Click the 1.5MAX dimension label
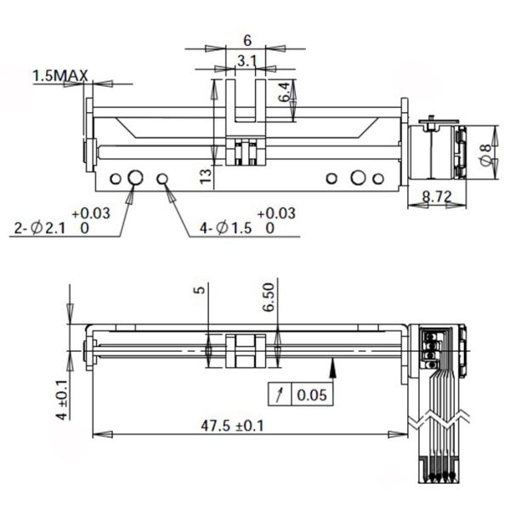click(60, 76)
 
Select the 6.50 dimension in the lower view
click(269, 298)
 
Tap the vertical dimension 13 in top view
click(205, 176)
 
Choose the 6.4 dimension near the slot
click(286, 91)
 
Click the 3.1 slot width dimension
click(246, 60)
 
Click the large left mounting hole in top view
click(134, 178)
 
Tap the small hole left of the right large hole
click(332, 178)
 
